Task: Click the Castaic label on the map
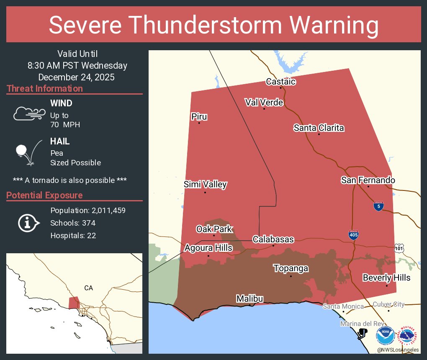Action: click(281, 82)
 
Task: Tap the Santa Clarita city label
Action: click(319, 128)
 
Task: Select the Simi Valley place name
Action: click(205, 184)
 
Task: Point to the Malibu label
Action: click(250, 298)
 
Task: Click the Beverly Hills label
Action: click(386, 278)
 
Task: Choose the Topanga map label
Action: click(291, 268)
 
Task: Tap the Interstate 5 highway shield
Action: click(378, 206)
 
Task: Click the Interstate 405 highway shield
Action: click(353, 235)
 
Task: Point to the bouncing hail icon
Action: click(28, 153)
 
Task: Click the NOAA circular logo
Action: click(385, 336)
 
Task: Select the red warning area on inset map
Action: click(74, 302)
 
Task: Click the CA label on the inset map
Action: click(88, 288)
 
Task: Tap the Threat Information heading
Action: click(45, 89)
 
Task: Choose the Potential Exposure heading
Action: click(44, 195)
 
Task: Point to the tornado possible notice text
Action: click(70, 180)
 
